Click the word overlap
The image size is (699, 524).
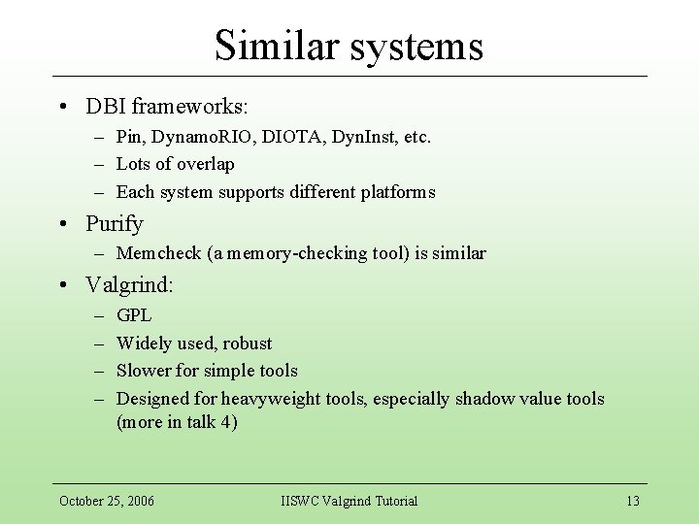click(x=204, y=164)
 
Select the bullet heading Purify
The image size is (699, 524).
click(x=115, y=224)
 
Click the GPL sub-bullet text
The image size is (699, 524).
click(x=134, y=315)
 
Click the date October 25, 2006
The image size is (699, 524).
click(x=107, y=501)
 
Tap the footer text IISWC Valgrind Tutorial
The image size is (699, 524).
click(x=349, y=501)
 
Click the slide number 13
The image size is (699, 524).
click(x=633, y=501)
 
